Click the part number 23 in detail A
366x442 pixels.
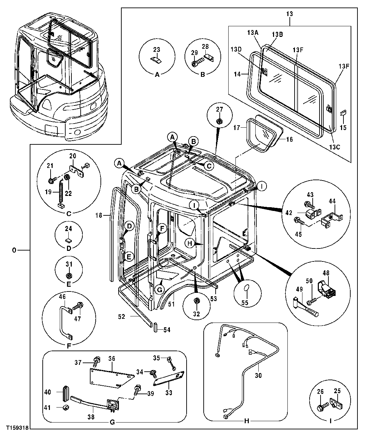[x=156, y=50]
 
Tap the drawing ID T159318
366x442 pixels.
[x=16, y=427]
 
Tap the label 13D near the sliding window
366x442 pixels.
[x=236, y=49]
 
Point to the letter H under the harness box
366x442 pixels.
[x=246, y=421]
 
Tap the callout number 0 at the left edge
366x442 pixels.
[x=14, y=250]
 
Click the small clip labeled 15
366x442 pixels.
[x=344, y=113]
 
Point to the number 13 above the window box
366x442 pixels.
[x=289, y=14]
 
